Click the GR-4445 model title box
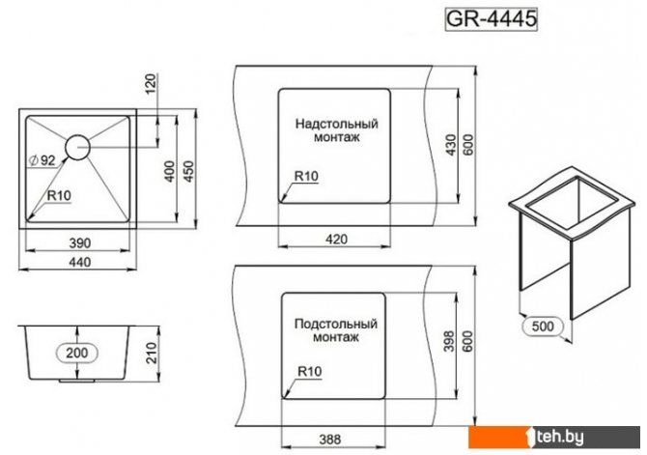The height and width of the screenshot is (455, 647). pyautogui.click(x=491, y=18)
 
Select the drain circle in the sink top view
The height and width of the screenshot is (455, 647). pyautogui.click(x=77, y=147)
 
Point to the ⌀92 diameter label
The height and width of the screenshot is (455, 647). pyautogui.click(x=42, y=159)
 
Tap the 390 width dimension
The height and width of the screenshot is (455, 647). pyautogui.click(x=79, y=242)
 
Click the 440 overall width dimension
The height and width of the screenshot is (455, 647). pyautogui.click(x=79, y=262)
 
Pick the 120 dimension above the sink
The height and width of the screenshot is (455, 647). pyautogui.click(x=152, y=83)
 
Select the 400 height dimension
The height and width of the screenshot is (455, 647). pyautogui.click(x=170, y=171)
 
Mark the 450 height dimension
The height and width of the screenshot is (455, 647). pyautogui.click(x=188, y=171)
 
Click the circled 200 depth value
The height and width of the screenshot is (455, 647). pyautogui.click(x=77, y=353)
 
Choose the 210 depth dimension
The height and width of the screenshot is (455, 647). pyautogui.click(x=152, y=353)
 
